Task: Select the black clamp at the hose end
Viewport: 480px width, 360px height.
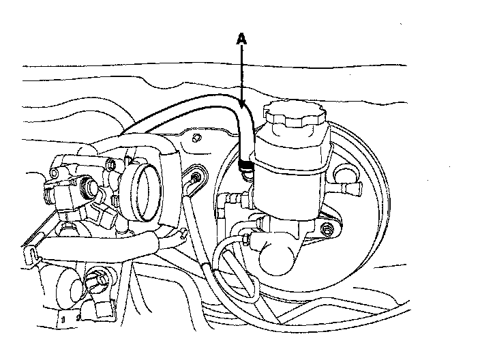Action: pos(247,162)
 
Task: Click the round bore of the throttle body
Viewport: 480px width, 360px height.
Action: pos(145,185)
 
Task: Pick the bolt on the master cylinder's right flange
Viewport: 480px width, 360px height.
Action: pos(330,230)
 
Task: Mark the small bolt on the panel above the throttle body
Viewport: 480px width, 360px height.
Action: pos(196,139)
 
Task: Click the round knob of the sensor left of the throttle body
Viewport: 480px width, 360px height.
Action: pos(88,183)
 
